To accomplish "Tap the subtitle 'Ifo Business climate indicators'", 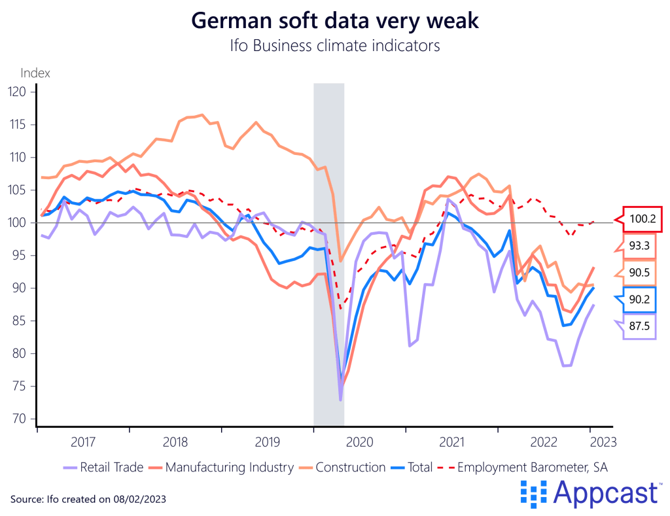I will click(x=334, y=46).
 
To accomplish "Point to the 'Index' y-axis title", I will click(x=35, y=73).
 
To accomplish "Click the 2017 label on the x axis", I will click(x=83, y=441).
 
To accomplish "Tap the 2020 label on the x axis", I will click(x=360, y=441).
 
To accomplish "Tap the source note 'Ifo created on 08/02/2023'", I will click(x=88, y=499).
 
